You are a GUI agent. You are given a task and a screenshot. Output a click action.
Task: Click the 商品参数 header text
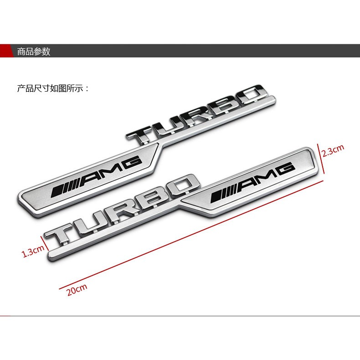click(33, 51)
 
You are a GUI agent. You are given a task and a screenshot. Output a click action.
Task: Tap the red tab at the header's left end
click(6, 51)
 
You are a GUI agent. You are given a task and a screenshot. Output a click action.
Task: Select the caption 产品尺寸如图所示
click(53, 88)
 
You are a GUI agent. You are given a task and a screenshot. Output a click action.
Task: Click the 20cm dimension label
click(77, 290)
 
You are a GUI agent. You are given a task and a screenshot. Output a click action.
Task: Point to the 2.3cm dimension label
click(332, 150)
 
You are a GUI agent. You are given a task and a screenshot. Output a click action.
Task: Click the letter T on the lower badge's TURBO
click(61, 232)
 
